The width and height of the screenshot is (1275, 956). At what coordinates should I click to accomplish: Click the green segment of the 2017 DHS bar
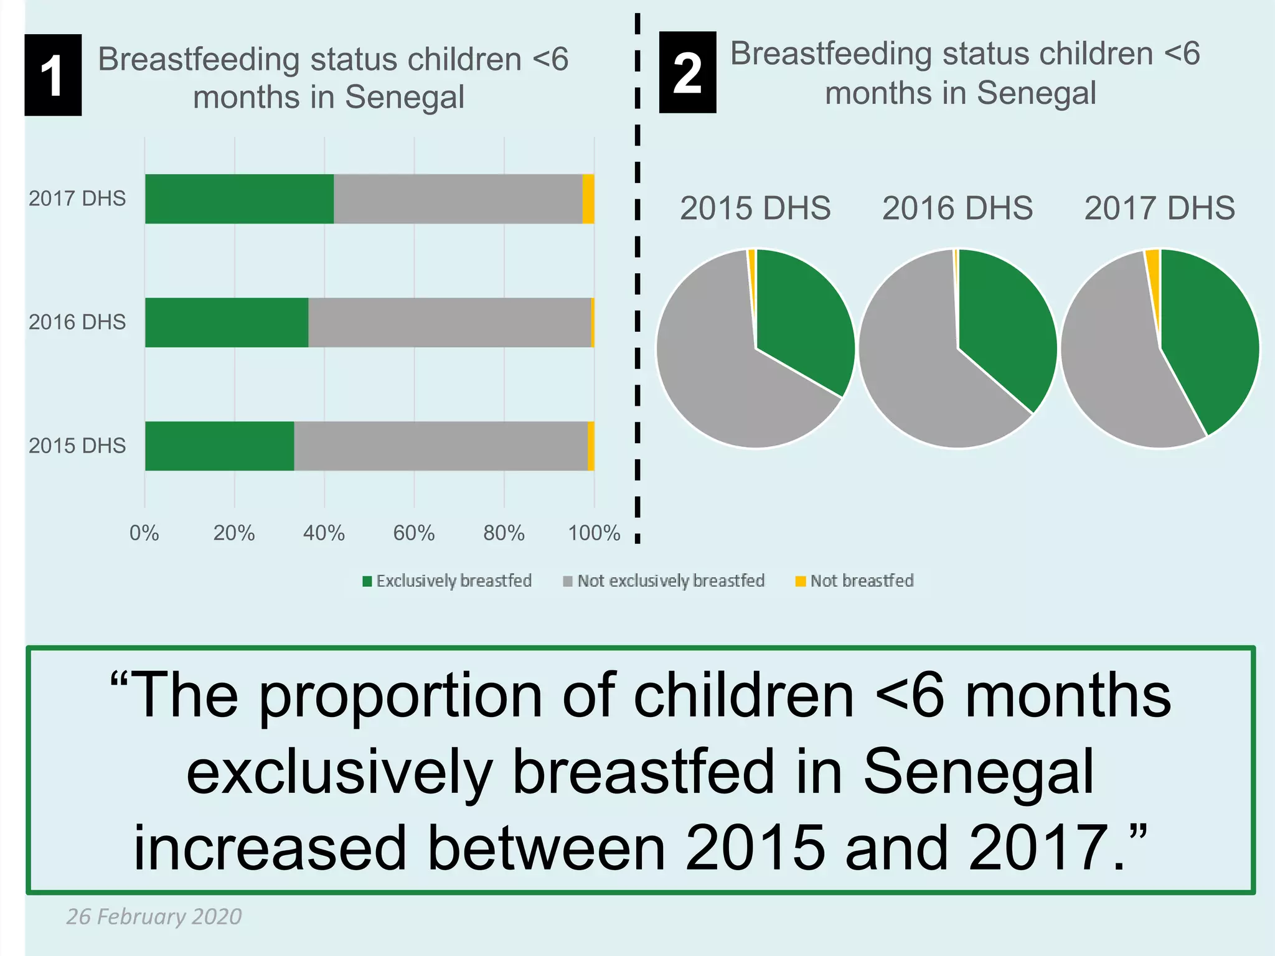tap(239, 199)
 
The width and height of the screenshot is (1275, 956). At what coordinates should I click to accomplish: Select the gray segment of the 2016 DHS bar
tap(449, 322)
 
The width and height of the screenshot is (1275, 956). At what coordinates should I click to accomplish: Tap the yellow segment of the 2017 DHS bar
tap(588, 199)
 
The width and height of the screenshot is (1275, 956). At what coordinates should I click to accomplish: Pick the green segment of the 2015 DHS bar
tap(219, 446)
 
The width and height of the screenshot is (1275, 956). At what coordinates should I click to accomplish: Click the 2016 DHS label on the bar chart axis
tap(77, 322)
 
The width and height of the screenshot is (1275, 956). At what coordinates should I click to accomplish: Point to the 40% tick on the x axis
tap(324, 533)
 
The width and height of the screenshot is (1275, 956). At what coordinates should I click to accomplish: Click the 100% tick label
tap(594, 533)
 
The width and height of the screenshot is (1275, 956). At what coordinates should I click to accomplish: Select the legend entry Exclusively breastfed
tap(447, 581)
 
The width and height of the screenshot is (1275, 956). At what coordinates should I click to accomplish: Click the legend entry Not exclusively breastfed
tap(664, 581)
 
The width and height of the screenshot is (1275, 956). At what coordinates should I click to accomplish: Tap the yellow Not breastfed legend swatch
tap(801, 581)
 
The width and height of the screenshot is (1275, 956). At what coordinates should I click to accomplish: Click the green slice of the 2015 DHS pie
tap(803, 311)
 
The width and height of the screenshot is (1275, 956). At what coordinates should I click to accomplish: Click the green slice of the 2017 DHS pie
tap(1208, 336)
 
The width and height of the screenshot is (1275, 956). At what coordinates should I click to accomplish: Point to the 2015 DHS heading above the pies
tap(755, 208)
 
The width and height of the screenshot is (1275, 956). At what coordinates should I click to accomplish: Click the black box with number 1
tap(53, 75)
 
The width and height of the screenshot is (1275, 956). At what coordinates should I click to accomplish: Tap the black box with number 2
tap(687, 72)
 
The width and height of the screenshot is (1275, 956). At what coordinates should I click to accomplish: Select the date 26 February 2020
tap(154, 916)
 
